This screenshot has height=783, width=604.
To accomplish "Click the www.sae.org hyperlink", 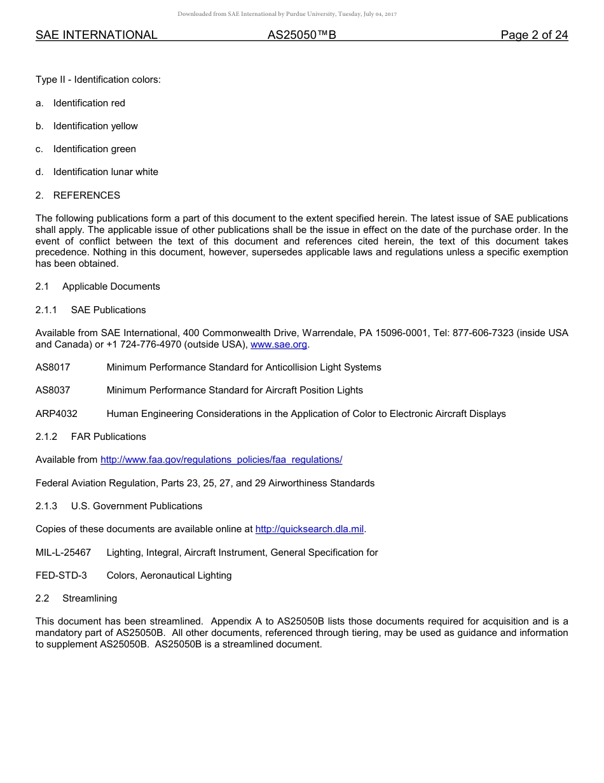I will [278, 344].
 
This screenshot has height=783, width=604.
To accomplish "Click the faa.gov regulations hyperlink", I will [221, 460].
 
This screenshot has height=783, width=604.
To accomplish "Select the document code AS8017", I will [53, 367].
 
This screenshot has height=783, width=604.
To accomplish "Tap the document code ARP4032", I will [57, 414].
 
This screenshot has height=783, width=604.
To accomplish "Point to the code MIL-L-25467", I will [63, 553].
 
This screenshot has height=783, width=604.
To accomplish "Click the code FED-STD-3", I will [61, 575].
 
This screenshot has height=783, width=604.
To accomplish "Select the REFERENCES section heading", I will [86, 195].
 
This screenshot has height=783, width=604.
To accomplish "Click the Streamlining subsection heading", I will [90, 598].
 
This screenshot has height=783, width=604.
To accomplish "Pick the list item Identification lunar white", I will [106, 172].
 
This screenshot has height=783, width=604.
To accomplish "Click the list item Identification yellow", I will [95, 126].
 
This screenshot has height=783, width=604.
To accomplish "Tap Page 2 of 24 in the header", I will [534, 35].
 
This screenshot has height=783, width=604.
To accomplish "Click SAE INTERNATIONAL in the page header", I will [97, 35].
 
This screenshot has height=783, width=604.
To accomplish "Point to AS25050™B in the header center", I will [301, 35].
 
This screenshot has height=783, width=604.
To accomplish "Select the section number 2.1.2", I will [46, 437].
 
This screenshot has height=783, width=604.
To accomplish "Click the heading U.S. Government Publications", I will [137, 506].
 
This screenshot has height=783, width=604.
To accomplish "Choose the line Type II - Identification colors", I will [98, 80].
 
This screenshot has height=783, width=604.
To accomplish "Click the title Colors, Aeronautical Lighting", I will [169, 575].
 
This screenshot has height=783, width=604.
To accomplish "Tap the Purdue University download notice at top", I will [287, 14].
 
